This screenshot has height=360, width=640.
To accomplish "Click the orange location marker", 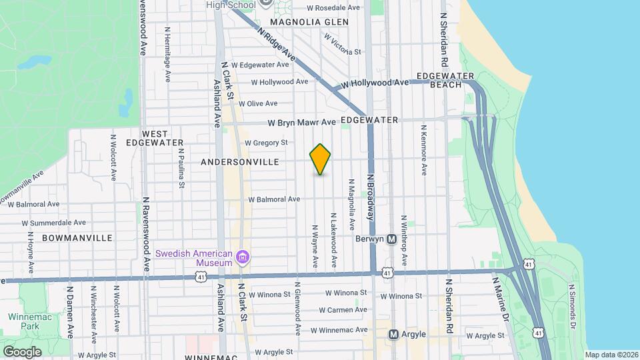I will [x=321, y=159].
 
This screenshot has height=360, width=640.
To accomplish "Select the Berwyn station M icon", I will [x=392, y=239].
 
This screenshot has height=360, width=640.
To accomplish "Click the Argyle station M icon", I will [x=393, y=334].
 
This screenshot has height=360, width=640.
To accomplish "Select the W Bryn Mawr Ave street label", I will [x=302, y=123].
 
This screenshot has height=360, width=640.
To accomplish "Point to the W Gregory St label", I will [x=266, y=143].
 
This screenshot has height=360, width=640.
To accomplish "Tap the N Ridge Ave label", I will [x=275, y=45].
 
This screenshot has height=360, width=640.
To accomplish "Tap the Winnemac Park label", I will [x=25, y=321].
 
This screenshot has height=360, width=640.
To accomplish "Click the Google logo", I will [x=22, y=351].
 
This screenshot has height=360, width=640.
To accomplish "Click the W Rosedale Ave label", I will [x=333, y=8].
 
